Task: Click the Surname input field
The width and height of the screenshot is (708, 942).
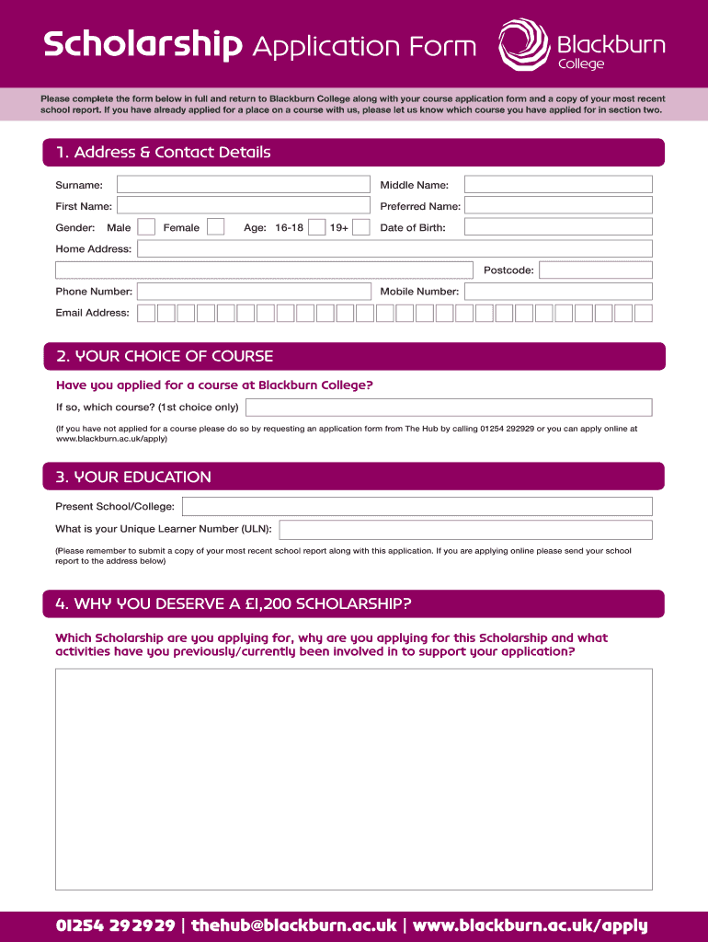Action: pos(242,185)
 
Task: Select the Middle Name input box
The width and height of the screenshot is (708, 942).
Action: pos(557,185)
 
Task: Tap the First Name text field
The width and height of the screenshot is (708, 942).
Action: pos(242,206)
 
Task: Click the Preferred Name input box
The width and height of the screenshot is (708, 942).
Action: pos(557,206)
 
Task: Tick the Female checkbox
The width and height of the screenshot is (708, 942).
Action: pos(216,227)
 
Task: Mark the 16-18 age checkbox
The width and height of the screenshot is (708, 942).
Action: pos(317,227)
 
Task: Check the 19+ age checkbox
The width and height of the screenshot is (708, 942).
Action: pos(361,227)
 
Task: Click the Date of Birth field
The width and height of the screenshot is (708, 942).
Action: pos(557,227)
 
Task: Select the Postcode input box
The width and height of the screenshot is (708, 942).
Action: pos(595,270)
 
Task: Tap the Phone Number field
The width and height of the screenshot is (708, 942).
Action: pos(253,292)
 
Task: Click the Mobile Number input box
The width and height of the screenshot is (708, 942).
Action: pos(557,292)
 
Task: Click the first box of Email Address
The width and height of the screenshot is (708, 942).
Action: pos(146,313)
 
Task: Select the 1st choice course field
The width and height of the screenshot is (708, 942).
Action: pos(449,408)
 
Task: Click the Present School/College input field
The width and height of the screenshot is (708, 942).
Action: pos(417,507)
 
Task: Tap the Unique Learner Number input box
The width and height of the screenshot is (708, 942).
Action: pos(465,530)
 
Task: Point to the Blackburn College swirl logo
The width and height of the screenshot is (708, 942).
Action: pos(525,44)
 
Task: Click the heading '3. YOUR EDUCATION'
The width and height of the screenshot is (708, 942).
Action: pos(134,477)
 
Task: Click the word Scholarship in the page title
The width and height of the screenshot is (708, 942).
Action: pos(143,45)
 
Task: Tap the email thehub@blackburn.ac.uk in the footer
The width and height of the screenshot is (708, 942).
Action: pos(294,925)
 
